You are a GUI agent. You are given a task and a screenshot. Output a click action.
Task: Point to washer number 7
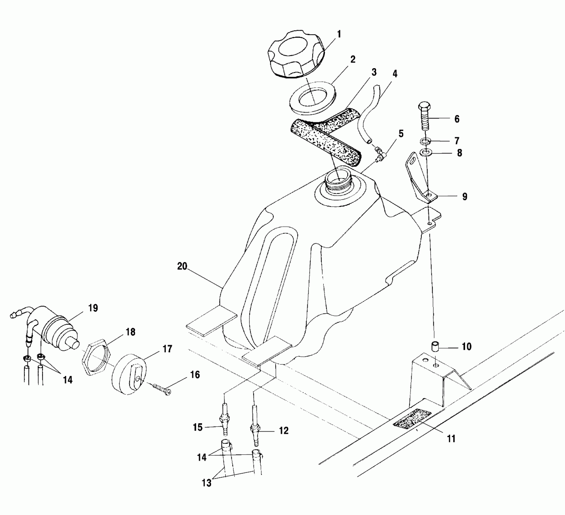(x=425, y=141)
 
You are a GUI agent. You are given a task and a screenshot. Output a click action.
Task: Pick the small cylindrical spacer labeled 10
(x=435, y=346)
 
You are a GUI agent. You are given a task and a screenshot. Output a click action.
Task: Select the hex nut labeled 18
(x=97, y=359)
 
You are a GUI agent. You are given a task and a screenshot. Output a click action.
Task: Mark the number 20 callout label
(x=182, y=266)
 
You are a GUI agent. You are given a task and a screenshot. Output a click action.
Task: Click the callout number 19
(x=93, y=308)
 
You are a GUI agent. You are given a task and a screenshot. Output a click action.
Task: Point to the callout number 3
(x=374, y=72)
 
